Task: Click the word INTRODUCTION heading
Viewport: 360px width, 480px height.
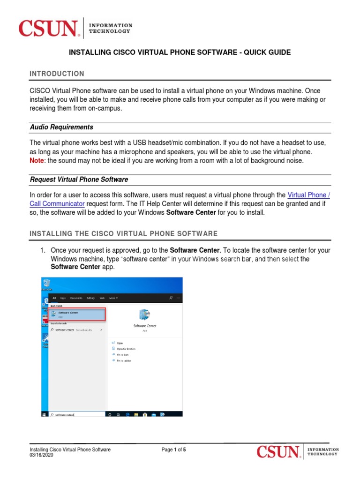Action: (57, 74)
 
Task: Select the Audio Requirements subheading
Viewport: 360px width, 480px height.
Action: (61, 127)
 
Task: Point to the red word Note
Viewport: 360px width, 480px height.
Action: (38, 161)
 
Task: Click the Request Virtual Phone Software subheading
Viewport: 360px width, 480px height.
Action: (79, 180)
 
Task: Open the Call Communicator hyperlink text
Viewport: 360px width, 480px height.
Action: (57, 204)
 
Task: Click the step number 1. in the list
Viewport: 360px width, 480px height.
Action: (43, 250)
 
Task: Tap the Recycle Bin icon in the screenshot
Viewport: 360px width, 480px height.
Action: (46, 283)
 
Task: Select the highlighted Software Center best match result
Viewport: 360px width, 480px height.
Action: (77, 314)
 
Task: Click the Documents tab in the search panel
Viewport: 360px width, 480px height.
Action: (76, 298)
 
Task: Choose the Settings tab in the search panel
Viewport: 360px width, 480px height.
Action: (91, 298)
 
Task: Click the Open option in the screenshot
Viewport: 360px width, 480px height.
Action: (120, 343)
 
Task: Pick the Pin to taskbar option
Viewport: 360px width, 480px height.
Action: (124, 360)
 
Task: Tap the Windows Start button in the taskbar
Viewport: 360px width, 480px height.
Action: (44, 414)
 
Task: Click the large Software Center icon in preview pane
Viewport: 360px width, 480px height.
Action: (145, 315)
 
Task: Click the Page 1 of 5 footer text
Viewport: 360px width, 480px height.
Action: (173, 450)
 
